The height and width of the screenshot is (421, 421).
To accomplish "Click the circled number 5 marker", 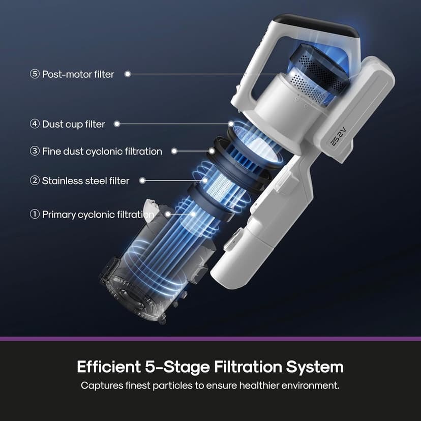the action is point(35,74).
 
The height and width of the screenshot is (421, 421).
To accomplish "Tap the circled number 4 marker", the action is point(35,124).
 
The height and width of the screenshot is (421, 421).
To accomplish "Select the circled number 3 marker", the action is point(35,151).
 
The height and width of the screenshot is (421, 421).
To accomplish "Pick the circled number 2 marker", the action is point(35,181).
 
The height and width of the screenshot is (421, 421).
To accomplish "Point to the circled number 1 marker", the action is point(35,215).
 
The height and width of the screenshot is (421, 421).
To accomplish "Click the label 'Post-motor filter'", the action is point(78,74).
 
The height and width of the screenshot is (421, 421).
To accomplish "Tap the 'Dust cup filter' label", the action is point(74,124).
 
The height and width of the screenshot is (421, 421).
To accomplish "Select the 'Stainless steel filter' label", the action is point(85,181).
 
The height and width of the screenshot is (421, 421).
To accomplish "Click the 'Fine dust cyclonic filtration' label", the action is point(102,152).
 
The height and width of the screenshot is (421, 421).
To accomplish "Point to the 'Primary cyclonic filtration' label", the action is point(98,215).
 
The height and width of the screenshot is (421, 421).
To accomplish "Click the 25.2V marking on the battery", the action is point(338,137).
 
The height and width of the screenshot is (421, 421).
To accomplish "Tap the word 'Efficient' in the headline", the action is point(109,367).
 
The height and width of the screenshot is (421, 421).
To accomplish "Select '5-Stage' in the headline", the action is point(177,367).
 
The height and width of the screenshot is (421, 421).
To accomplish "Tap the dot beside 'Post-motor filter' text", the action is point(128,74).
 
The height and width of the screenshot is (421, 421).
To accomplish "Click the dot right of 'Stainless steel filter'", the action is point(142,181).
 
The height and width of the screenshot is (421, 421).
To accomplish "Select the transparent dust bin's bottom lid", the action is point(132,293).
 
